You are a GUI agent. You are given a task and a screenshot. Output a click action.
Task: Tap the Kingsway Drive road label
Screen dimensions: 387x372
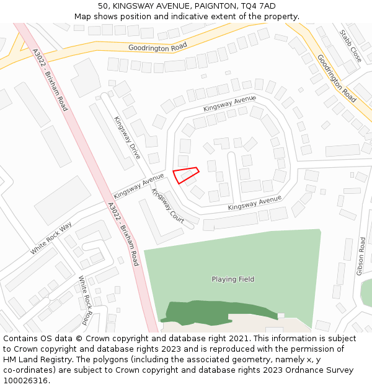(x=127, y=137)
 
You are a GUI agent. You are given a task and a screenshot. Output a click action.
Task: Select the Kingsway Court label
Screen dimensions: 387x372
(x=168, y=206)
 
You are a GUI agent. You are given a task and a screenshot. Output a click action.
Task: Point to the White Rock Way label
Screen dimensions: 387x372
(x=51, y=238)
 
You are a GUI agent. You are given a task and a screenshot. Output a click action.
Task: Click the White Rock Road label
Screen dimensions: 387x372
(x=86, y=300)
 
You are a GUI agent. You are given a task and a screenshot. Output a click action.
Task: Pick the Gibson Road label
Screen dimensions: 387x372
(x=361, y=256)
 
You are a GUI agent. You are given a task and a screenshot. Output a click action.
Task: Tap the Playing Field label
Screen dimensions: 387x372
(x=233, y=279)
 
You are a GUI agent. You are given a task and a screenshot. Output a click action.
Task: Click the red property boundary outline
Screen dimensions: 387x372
(x=185, y=175)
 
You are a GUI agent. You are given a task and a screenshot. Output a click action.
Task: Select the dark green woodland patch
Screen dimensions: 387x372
(x=217, y=311)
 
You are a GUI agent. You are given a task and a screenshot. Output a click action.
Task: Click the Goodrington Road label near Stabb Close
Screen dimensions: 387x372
(x=337, y=78)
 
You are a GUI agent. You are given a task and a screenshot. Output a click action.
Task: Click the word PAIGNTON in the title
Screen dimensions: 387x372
(x=213, y=6)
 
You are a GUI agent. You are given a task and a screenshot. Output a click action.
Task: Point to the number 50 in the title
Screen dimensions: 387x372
(x=103, y=6)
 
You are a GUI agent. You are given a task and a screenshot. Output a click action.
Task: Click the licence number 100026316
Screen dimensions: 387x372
(x=26, y=381)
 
